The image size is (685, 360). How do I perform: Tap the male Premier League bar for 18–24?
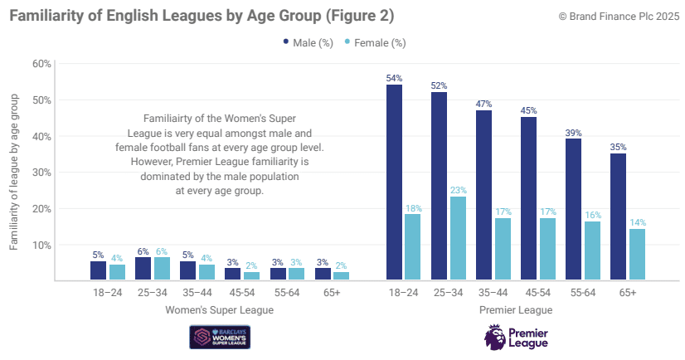pos(394,182)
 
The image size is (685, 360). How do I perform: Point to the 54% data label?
pos(394,78)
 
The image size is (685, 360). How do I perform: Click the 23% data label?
pos(458,190)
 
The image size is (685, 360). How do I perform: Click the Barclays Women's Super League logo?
pos(221,337)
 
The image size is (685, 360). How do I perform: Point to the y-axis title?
pos(14,172)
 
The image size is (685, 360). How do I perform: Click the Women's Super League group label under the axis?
pos(219,310)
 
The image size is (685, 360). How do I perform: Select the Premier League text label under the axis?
pos(515,310)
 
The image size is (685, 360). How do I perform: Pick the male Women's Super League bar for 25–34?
pos(143,269)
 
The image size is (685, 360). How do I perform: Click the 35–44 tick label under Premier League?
pos(493,293)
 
